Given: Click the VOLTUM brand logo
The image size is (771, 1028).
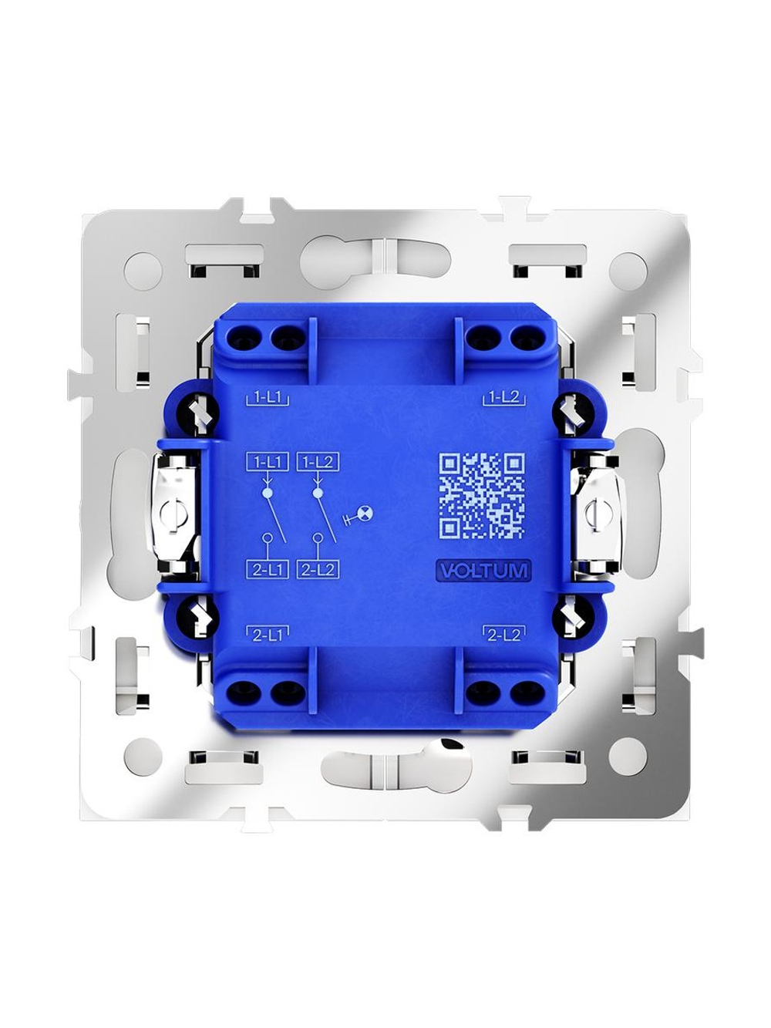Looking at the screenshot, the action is click(483, 571).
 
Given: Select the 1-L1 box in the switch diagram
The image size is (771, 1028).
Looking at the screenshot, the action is click(267, 463).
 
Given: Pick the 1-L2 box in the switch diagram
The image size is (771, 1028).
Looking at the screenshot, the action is click(318, 463).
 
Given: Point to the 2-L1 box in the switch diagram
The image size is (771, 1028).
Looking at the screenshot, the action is click(267, 569).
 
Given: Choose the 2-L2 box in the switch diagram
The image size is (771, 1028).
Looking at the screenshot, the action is click(318, 569).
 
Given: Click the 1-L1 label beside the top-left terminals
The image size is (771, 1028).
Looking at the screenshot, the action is click(268, 398).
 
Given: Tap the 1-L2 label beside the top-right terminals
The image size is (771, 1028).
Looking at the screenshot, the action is click(503, 398).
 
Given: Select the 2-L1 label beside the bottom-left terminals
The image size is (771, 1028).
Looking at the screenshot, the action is click(268, 635).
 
